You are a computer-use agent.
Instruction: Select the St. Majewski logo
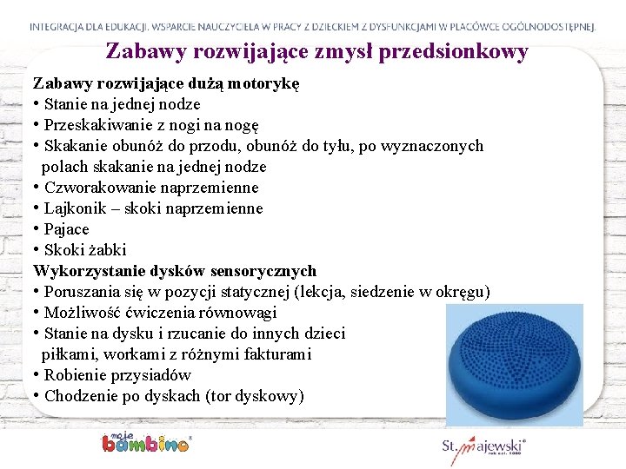(x=483, y=449)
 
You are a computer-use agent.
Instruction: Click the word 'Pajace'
(x=66, y=229)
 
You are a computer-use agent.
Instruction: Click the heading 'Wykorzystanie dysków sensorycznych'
(x=175, y=271)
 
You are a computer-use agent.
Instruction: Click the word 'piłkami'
(x=67, y=354)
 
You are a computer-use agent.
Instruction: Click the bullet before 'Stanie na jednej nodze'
(x=37, y=105)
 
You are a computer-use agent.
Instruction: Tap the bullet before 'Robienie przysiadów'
(x=37, y=376)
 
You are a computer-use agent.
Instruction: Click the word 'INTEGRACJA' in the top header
(x=64, y=27)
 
